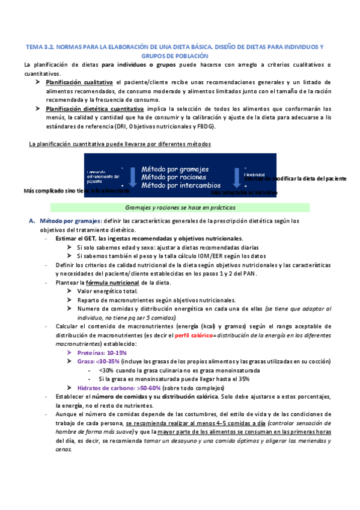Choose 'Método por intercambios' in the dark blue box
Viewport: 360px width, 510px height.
(181, 185)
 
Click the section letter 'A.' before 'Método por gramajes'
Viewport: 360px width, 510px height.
(33, 221)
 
